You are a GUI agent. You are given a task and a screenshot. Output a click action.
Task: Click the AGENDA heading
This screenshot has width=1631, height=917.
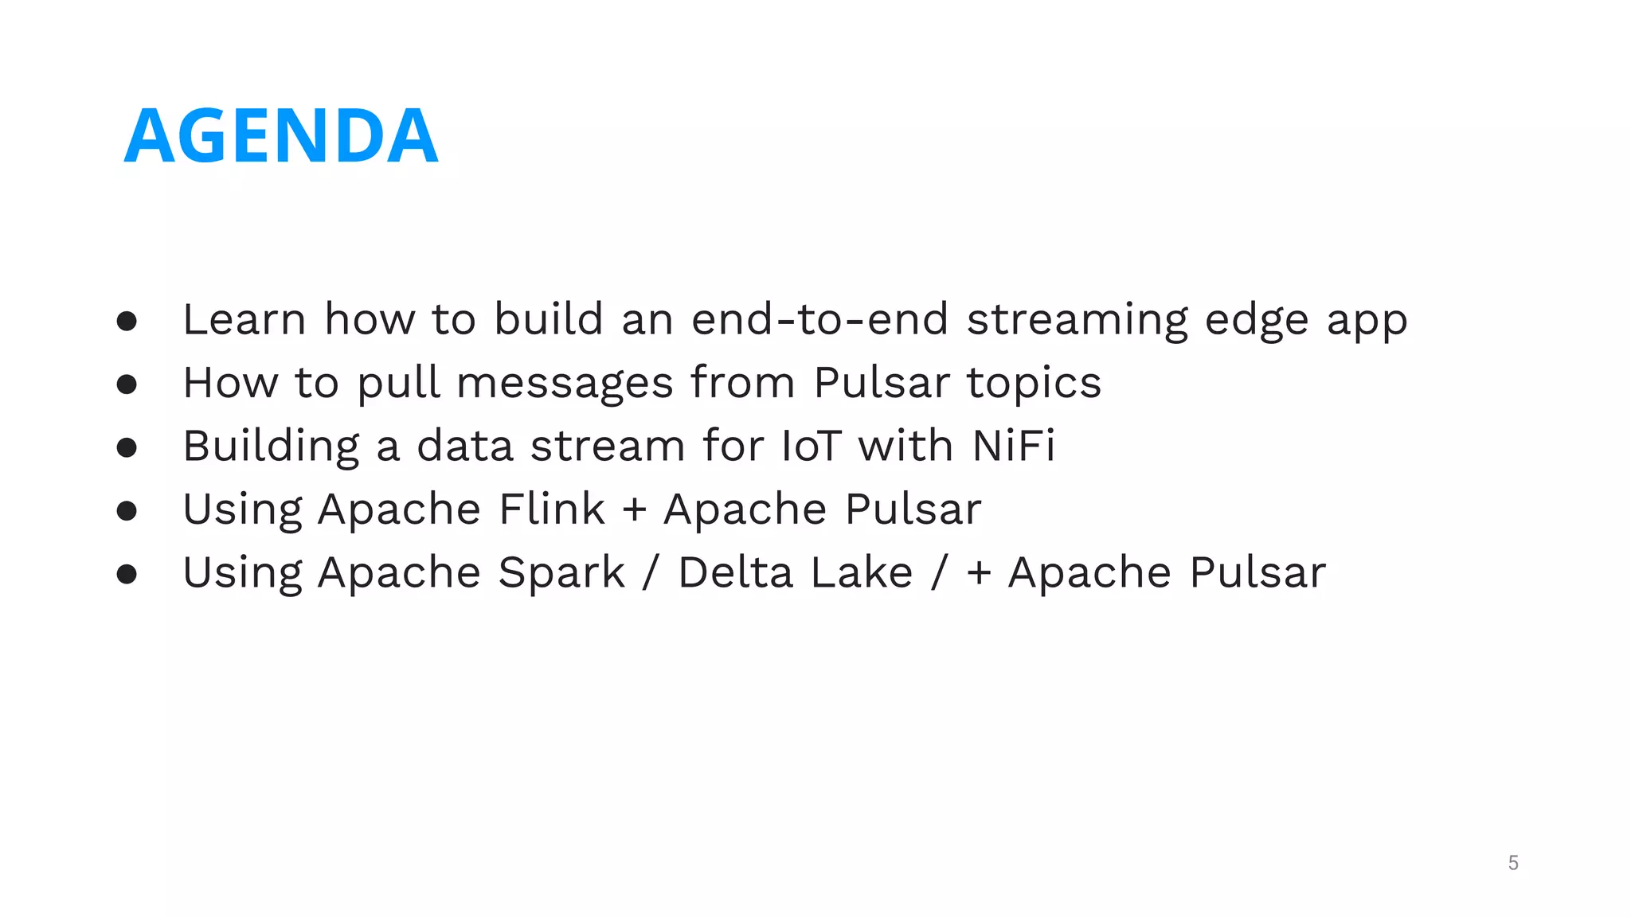pos(280,135)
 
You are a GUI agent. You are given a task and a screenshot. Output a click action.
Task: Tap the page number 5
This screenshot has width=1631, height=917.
pos(1513,863)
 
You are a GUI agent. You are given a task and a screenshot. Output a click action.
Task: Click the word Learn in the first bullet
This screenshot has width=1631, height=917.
pos(244,319)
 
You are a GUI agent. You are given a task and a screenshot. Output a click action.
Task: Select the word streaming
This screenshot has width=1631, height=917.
pos(1077,321)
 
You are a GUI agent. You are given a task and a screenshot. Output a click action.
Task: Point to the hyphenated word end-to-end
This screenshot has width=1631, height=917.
pos(819,319)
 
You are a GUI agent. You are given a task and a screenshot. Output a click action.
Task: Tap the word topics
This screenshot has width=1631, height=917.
pos(1034,384)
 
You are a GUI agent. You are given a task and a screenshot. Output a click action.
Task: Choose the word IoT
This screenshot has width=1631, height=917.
pos(811,446)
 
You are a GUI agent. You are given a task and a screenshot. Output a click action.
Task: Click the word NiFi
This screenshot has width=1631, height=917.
pos(1013,446)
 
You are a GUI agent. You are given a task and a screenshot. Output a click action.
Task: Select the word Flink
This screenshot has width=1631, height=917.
pos(552,509)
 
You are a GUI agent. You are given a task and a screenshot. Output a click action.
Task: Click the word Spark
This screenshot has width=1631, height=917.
pos(561,573)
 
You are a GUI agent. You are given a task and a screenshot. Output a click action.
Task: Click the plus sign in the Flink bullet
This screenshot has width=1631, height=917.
pos(635,510)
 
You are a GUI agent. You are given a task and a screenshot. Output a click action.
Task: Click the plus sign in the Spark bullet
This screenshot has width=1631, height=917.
pos(979,573)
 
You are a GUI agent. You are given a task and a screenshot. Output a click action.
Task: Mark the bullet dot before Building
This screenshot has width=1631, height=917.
pos(127,447)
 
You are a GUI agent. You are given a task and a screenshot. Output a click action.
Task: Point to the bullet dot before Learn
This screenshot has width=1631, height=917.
pos(127,321)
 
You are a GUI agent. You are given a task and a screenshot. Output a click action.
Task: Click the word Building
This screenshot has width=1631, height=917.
pos(271,447)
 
